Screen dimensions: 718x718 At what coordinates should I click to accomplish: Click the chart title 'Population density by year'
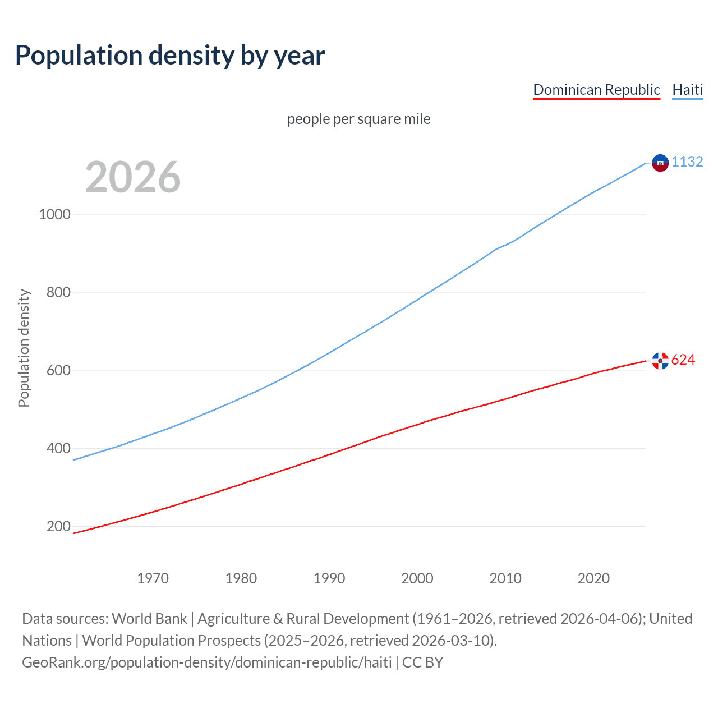coord(170,55)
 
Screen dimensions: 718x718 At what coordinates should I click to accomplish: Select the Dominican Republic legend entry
coord(596,90)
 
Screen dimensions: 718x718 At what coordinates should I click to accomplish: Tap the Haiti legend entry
coord(687,90)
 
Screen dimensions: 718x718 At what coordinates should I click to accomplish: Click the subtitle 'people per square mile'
coord(359,119)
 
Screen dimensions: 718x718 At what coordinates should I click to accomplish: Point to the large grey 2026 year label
coord(133,177)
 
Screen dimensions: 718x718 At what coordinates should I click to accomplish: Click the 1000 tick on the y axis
coord(54,214)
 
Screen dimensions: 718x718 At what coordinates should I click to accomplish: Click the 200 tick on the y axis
coord(58,526)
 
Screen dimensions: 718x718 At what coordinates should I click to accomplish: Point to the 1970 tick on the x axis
coord(153,578)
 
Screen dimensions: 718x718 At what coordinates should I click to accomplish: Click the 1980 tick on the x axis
coord(241,578)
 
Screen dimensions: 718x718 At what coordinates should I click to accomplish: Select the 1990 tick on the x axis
coord(329,578)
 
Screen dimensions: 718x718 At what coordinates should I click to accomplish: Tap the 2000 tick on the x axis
coord(417,578)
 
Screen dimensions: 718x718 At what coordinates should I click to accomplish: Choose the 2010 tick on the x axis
coord(505,578)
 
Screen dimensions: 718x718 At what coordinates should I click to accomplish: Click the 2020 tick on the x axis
coord(593,578)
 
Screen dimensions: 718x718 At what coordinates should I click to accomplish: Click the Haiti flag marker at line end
coord(660,163)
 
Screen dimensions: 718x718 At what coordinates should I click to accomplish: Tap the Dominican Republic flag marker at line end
coord(660,361)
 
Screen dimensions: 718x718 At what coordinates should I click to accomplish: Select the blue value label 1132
coord(687,162)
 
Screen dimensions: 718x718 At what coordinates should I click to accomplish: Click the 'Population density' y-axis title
coord(24,348)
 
